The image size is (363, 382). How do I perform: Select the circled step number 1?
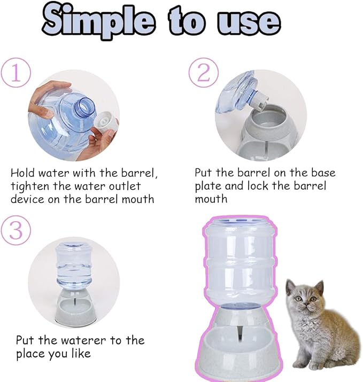tap(16, 73)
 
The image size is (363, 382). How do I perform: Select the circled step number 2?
tap(203, 73)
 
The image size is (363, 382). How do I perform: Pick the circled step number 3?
tap(16, 231)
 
